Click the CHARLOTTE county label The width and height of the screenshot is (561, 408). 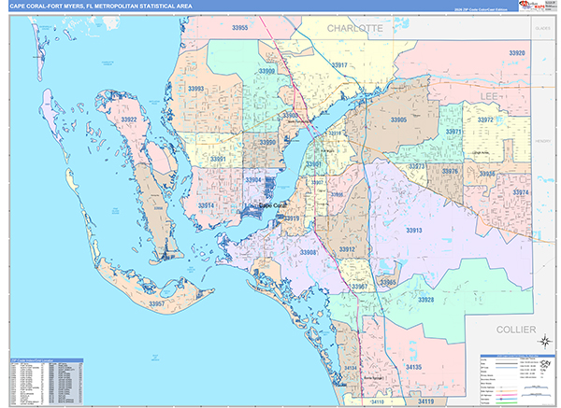pos(355,30)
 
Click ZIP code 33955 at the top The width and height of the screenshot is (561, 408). pos(239,28)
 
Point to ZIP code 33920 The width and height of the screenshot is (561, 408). pos(516,53)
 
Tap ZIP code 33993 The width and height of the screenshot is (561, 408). pos(196,89)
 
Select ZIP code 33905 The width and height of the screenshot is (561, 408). pos(398,120)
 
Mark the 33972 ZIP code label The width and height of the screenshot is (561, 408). pos(485,120)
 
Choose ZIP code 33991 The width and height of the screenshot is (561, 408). pos(218,160)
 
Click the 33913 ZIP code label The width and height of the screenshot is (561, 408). pos(413,230)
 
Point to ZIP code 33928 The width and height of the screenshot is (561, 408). pos(426,299)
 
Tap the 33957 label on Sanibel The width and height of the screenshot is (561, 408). pos(157,304)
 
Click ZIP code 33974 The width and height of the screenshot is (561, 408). pos(521,192)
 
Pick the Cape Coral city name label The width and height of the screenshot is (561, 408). pos(272,205)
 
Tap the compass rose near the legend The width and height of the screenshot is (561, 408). pos(542,366)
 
